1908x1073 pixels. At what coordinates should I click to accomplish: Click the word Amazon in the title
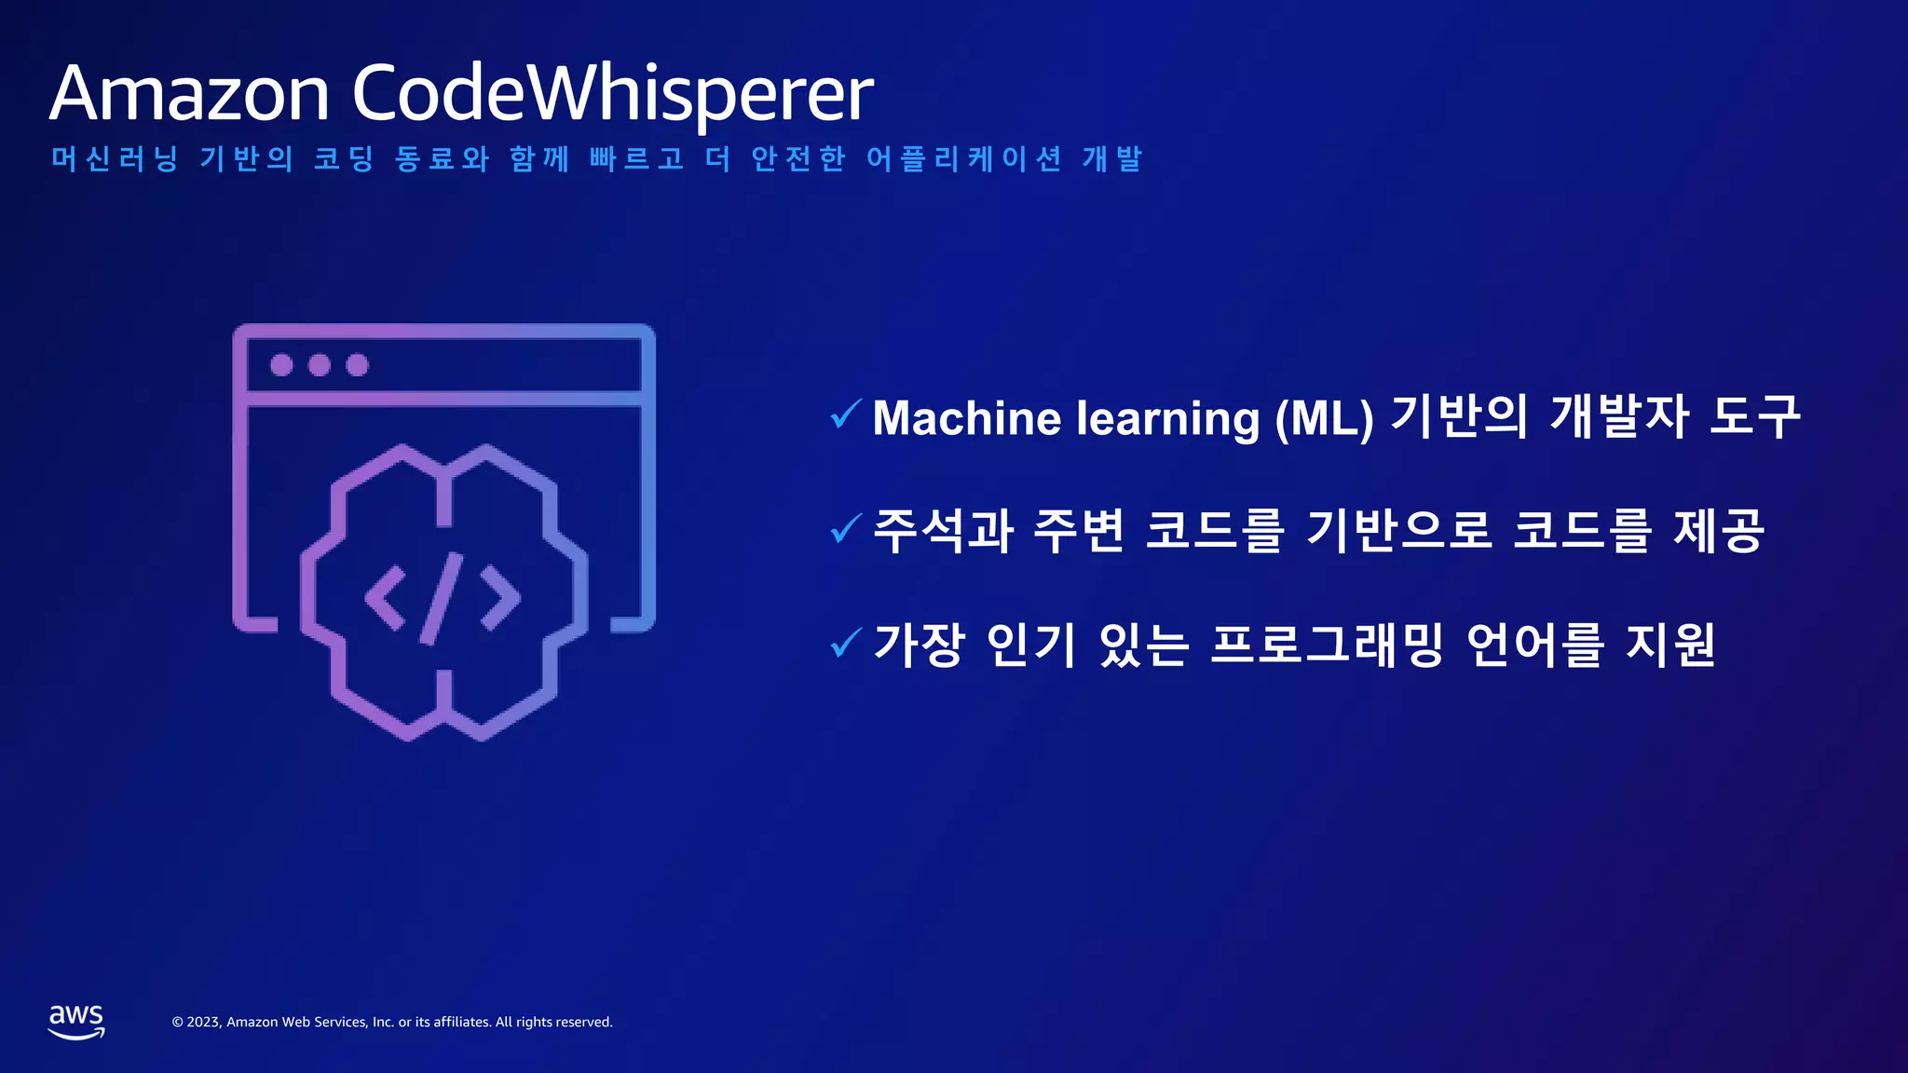[x=190, y=93]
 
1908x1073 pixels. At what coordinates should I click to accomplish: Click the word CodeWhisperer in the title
[x=612, y=93]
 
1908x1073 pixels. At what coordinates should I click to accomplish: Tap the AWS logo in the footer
[x=76, y=1021]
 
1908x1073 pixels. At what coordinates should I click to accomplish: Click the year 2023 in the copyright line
[x=203, y=1022]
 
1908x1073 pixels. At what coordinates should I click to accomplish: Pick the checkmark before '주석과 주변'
[x=845, y=528]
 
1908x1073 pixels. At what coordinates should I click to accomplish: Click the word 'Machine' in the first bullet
[x=966, y=417]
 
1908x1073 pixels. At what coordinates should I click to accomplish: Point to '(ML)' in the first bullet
[x=1324, y=417]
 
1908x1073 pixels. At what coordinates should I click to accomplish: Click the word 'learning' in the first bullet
[x=1167, y=417]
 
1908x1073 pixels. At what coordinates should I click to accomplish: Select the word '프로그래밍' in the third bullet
[x=1326, y=644]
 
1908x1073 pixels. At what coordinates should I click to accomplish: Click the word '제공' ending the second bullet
[x=1719, y=530]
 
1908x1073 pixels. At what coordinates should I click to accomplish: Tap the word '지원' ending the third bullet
[x=1669, y=644]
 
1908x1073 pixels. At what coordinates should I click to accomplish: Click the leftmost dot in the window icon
[x=281, y=365]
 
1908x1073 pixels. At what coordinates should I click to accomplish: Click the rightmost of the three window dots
[x=357, y=365]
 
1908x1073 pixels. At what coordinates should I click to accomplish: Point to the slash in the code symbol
[x=442, y=598]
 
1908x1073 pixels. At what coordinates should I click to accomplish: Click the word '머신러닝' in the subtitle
[x=115, y=158]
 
